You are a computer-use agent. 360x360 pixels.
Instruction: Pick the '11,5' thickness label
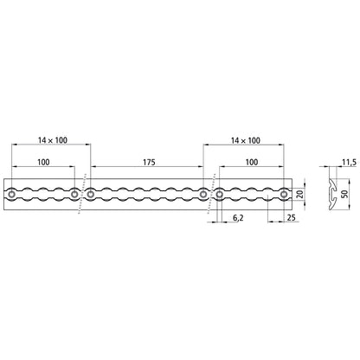click(349, 162)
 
